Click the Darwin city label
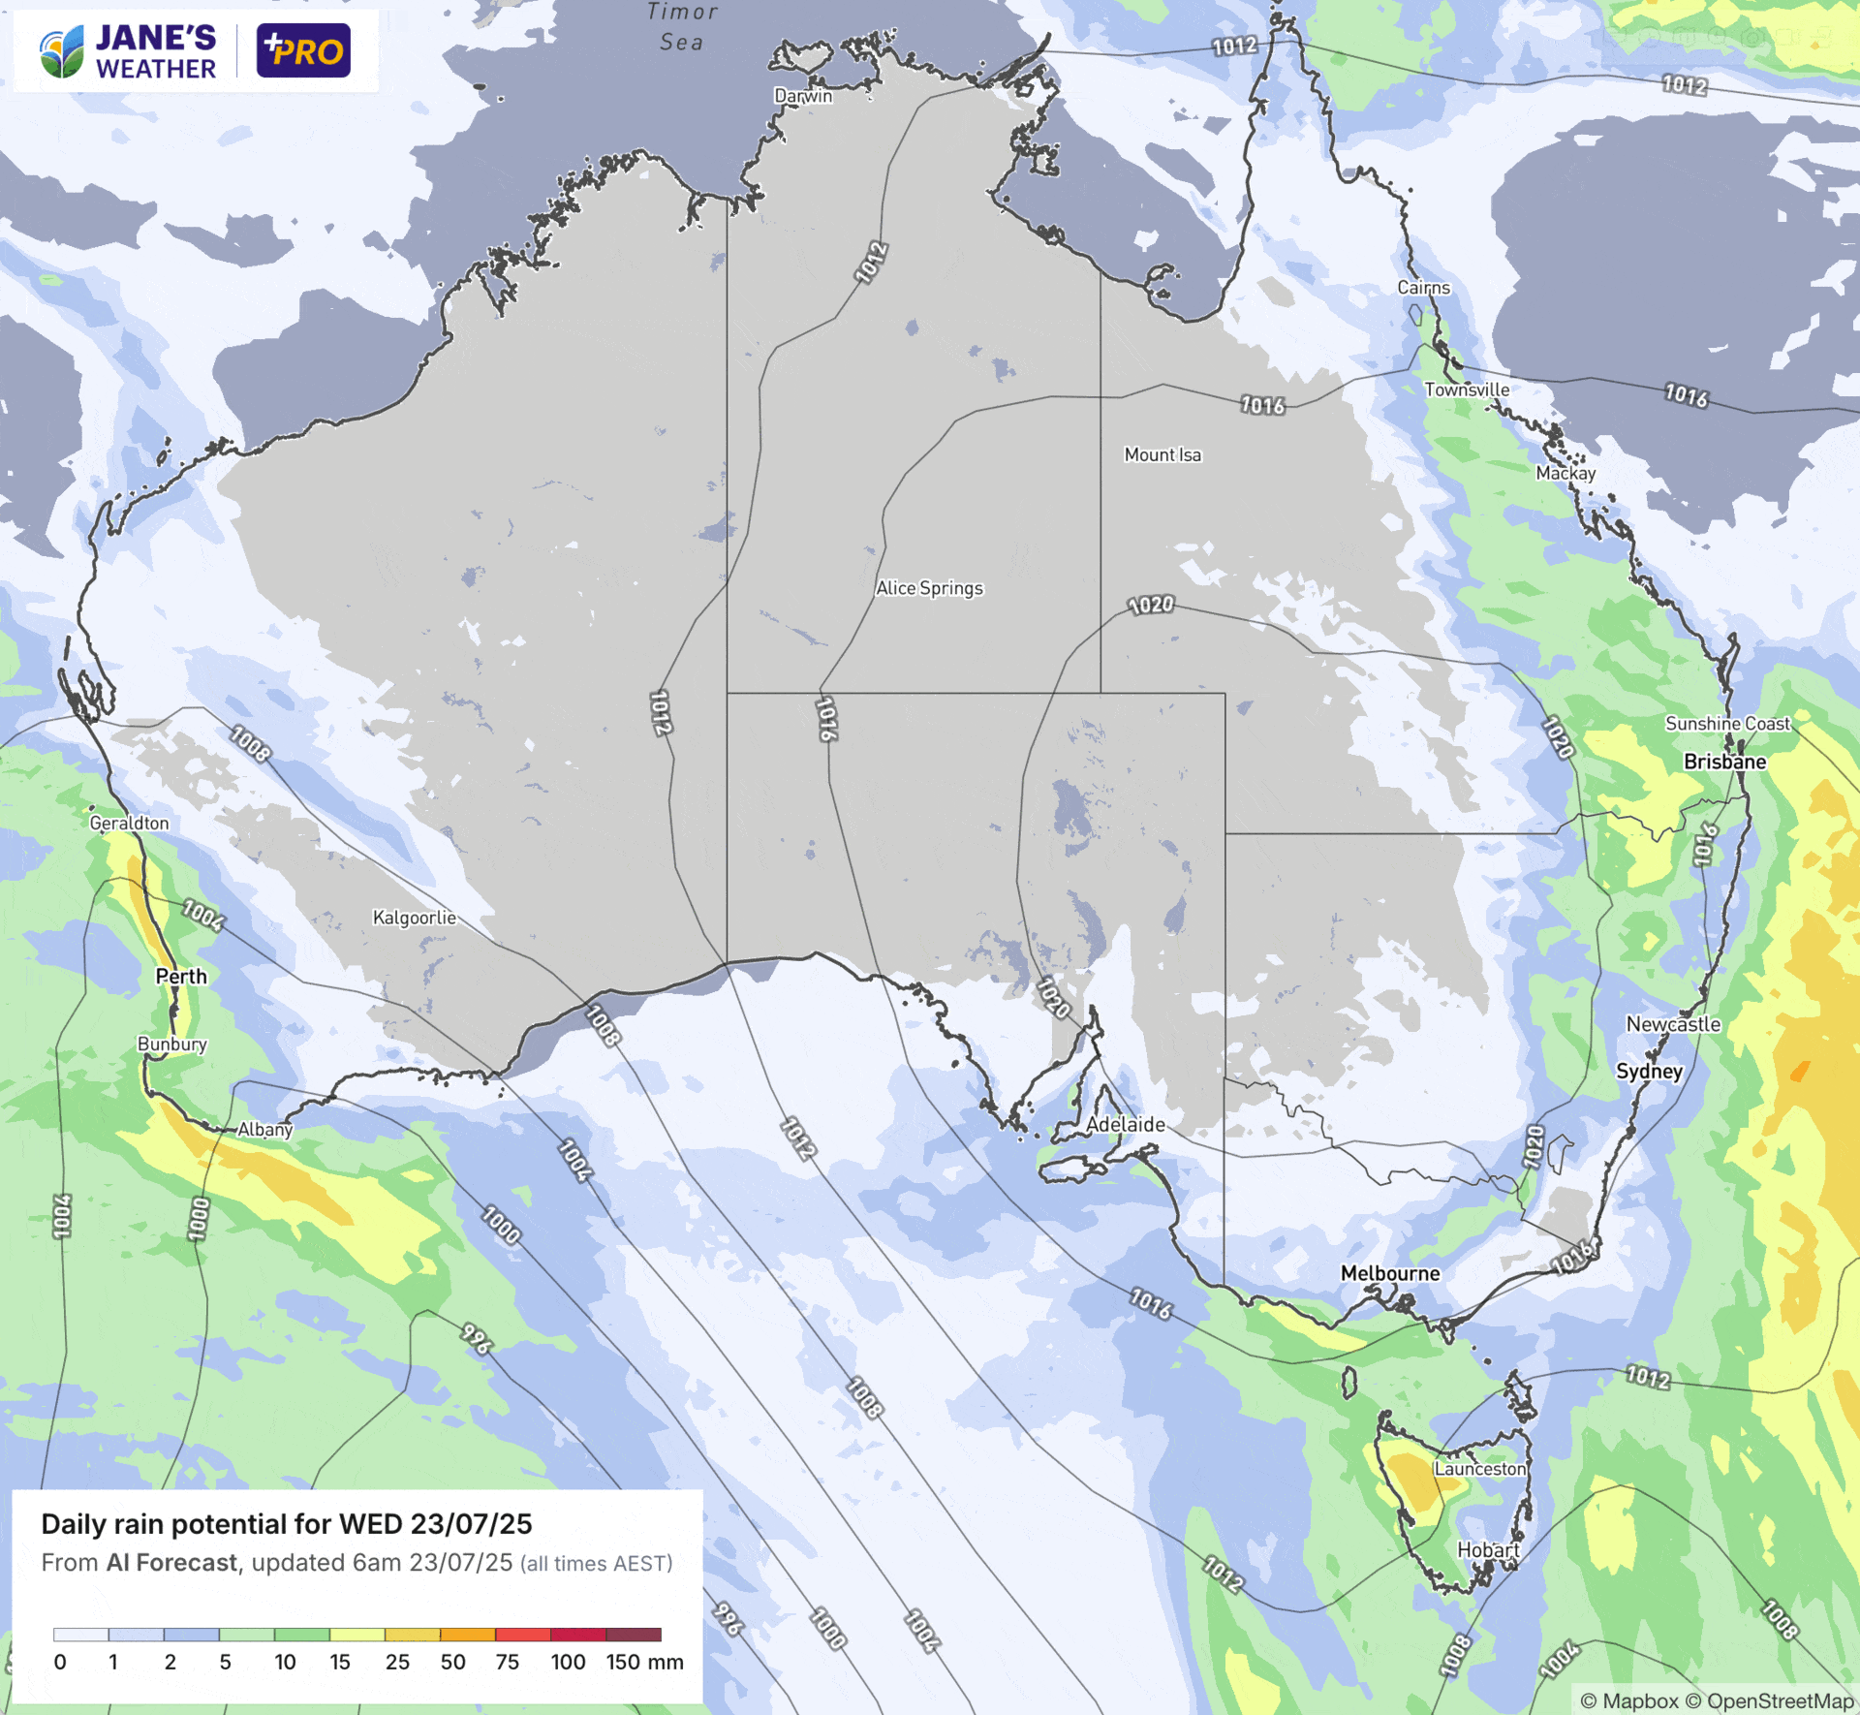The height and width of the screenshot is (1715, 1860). coord(803,95)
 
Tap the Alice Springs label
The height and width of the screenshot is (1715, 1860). coord(929,588)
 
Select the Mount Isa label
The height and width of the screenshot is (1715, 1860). coord(1162,454)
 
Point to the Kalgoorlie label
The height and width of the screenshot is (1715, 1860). coord(415,918)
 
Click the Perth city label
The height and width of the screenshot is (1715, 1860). coord(181,977)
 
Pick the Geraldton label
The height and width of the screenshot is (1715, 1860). coord(129,824)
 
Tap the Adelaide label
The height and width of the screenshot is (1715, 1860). coord(1126,1125)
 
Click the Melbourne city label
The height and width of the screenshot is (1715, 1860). coord(1390,1273)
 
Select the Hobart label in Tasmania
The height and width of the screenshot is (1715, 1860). coord(1488,1550)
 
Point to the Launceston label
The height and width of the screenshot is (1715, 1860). coord(1480,1469)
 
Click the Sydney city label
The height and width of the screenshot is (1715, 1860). coord(1649,1071)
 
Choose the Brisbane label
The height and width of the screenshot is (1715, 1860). coord(1724,762)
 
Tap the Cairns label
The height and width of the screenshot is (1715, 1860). coord(1423,288)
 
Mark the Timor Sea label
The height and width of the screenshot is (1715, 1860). coord(682,26)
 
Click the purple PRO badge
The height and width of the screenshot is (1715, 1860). coord(303,50)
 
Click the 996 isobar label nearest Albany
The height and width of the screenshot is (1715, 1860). coord(476,1338)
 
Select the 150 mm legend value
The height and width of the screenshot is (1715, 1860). coord(644,1662)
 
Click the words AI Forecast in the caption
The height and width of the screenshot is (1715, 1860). coord(171,1563)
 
